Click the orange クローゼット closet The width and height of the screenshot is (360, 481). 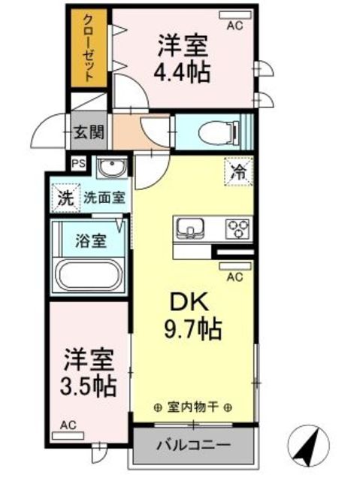(89, 48)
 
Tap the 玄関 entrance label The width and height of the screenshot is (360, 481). (89, 132)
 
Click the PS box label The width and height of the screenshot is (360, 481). (79, 163)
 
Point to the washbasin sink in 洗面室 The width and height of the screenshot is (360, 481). (112, 168)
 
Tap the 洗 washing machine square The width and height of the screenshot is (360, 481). (66, 198)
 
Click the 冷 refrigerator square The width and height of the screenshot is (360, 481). (238, 171)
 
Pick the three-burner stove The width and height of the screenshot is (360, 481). (239, 228)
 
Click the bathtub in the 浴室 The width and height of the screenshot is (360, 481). (89, 275)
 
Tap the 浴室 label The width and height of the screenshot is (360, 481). (91, 240)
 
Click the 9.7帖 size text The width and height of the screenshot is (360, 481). (193, 329)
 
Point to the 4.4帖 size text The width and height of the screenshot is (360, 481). (182, 72)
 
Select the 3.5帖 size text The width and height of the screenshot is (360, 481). (89, 386)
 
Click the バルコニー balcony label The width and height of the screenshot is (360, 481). (193, 445)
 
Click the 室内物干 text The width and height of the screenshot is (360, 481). (193, 407)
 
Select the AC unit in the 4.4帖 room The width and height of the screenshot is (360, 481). (235, 14)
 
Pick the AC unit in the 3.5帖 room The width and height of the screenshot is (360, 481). (68, 436)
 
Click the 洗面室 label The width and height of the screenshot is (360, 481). (104, 198)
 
